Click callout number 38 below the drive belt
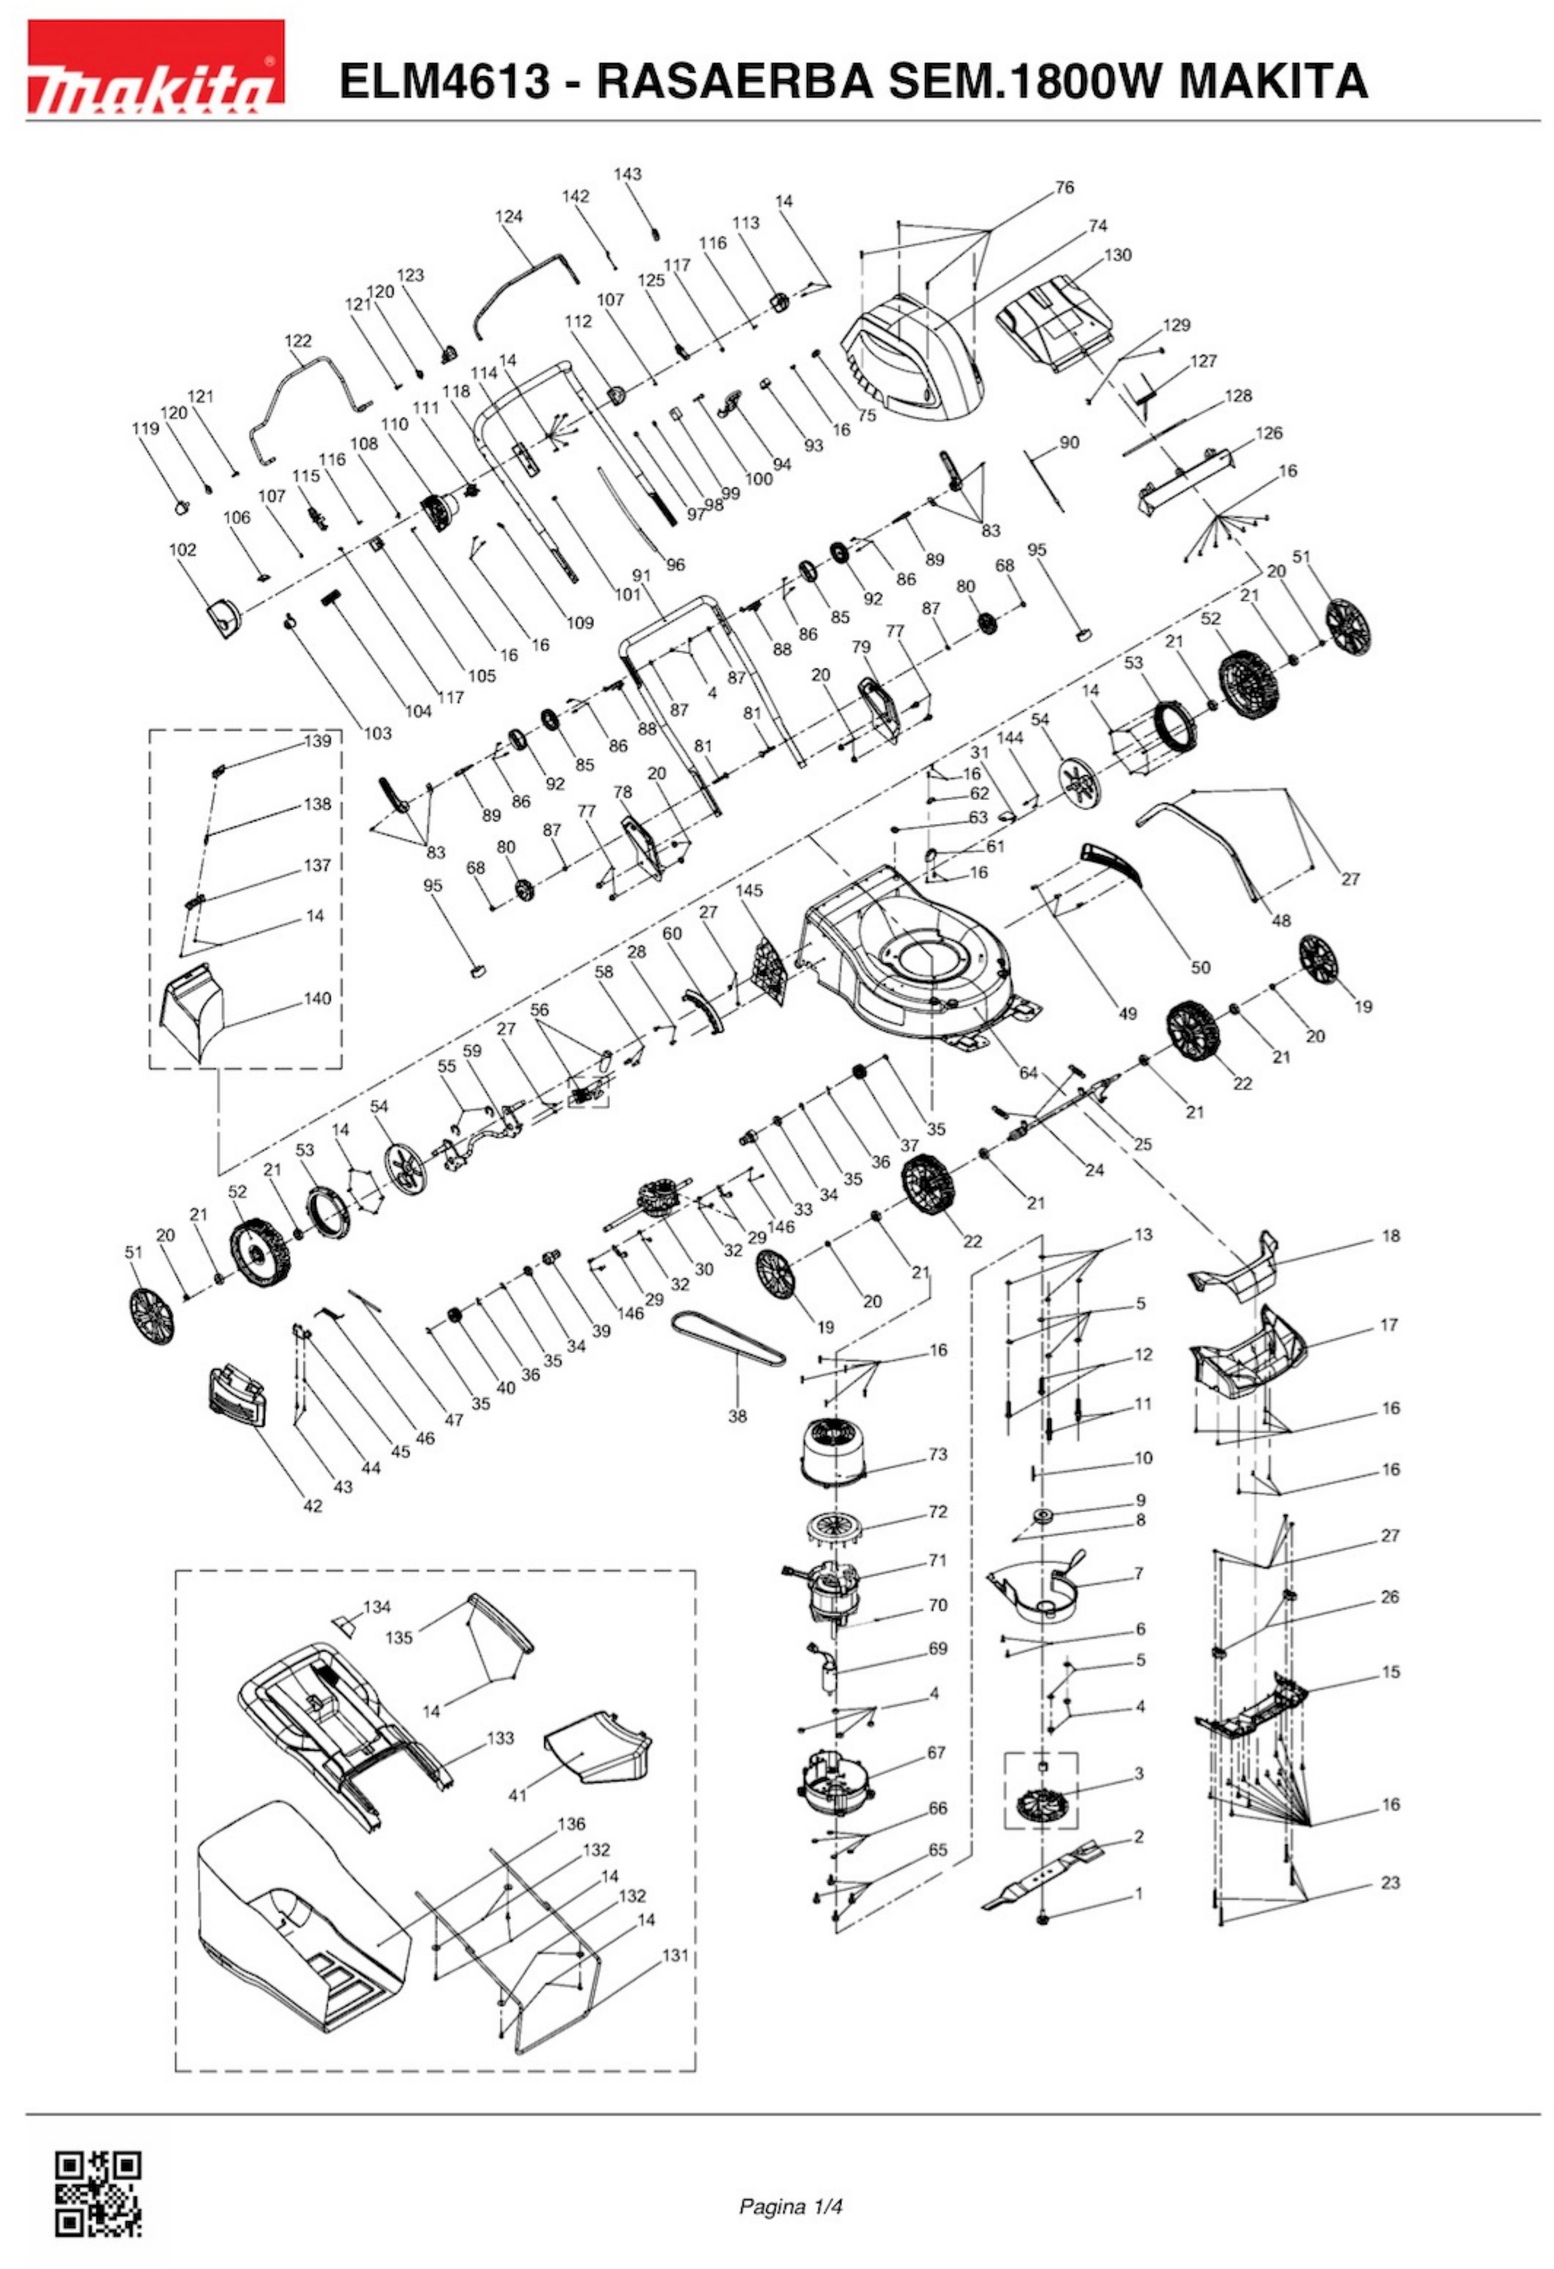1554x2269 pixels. click(737, 1415)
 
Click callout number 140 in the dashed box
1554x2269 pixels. click(317, 998)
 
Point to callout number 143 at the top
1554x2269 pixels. click(628, 174)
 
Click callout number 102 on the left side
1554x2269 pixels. click(182, 549)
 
